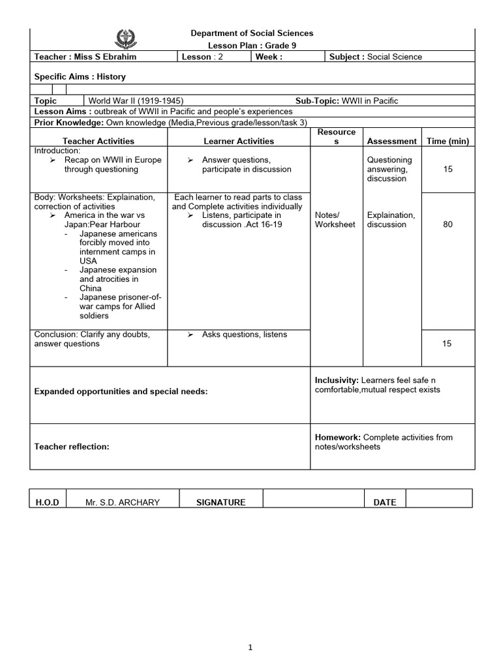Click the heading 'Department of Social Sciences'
pos(251,33)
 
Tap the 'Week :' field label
pos(269,57)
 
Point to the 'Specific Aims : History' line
pos(80,76)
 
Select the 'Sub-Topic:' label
pos(316,100)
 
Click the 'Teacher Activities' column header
pos(99,141)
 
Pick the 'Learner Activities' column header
pos(239,141)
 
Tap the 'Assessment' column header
pos(391,141)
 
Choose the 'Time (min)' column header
pos(448,141)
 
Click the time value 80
pos(448,224)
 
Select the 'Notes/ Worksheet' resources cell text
pos(335,220)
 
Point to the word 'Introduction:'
pos(56,151)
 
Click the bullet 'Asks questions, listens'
pos(244,335)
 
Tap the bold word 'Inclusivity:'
pos(337,380)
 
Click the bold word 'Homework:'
pos(338,437)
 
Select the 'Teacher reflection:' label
pos(72,447)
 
